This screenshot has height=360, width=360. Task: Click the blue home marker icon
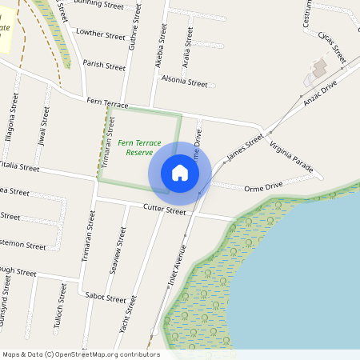[180, 173]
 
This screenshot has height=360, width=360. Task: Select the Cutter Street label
[164, 210]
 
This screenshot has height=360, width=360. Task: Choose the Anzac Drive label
[321, 90]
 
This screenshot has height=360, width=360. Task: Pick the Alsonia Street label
[184, 81]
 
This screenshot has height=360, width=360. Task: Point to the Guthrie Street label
[133, 48]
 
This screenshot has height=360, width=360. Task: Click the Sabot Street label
[106, 297]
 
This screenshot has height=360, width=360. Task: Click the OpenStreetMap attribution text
[81, 354]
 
